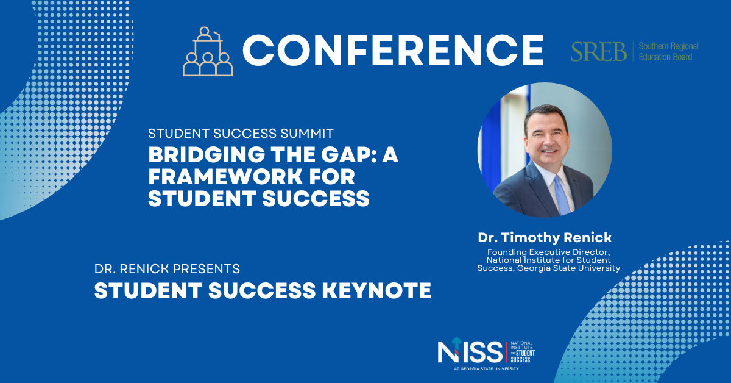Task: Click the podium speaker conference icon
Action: click(x=208, y=52)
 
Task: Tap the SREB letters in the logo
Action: click(x=599, y=52)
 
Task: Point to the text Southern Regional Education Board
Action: click(x=668, y=52)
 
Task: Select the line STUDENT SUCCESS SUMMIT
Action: click(x=241, y=134)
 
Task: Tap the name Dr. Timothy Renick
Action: click(x=545, y=238)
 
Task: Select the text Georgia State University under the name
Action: click(x=568, y=268)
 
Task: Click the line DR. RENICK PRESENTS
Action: click(x=167, y=269)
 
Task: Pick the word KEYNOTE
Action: click(x=376, y=290)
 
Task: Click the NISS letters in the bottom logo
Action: click(x=470, y=351)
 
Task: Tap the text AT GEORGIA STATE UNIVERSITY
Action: click(x=486, y=369)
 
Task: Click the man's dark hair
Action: click(x=546, y=115)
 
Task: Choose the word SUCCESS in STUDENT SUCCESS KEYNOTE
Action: click(x=262, y=290)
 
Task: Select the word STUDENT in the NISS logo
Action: click(x=525, y=353)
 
